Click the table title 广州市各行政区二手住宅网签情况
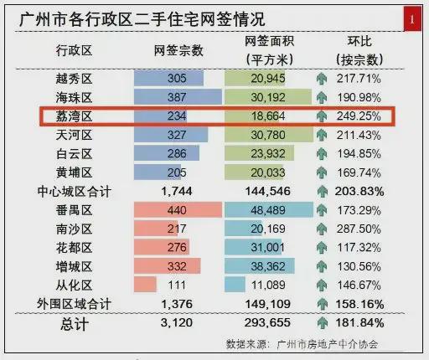[142, 19]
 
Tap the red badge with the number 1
[412, 19]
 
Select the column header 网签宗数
[178, 51]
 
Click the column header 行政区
[74, 51]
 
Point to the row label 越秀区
[74, 79]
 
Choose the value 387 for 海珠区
[177, 97]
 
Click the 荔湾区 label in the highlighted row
[74, 116]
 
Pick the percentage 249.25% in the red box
[359, 116]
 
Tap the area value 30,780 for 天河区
[268, 135]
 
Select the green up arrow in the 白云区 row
[322, 154]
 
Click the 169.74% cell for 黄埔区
[359, 172]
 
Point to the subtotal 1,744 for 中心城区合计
[177, 192]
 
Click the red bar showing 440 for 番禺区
[178, 210]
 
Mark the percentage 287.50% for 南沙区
[359, 229]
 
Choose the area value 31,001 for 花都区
[267, 248]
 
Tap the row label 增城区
[74, 266]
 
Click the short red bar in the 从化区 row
[145, 285]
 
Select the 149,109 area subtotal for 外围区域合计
[268, 304]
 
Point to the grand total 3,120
[177, 323]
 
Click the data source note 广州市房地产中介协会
[328, 344]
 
